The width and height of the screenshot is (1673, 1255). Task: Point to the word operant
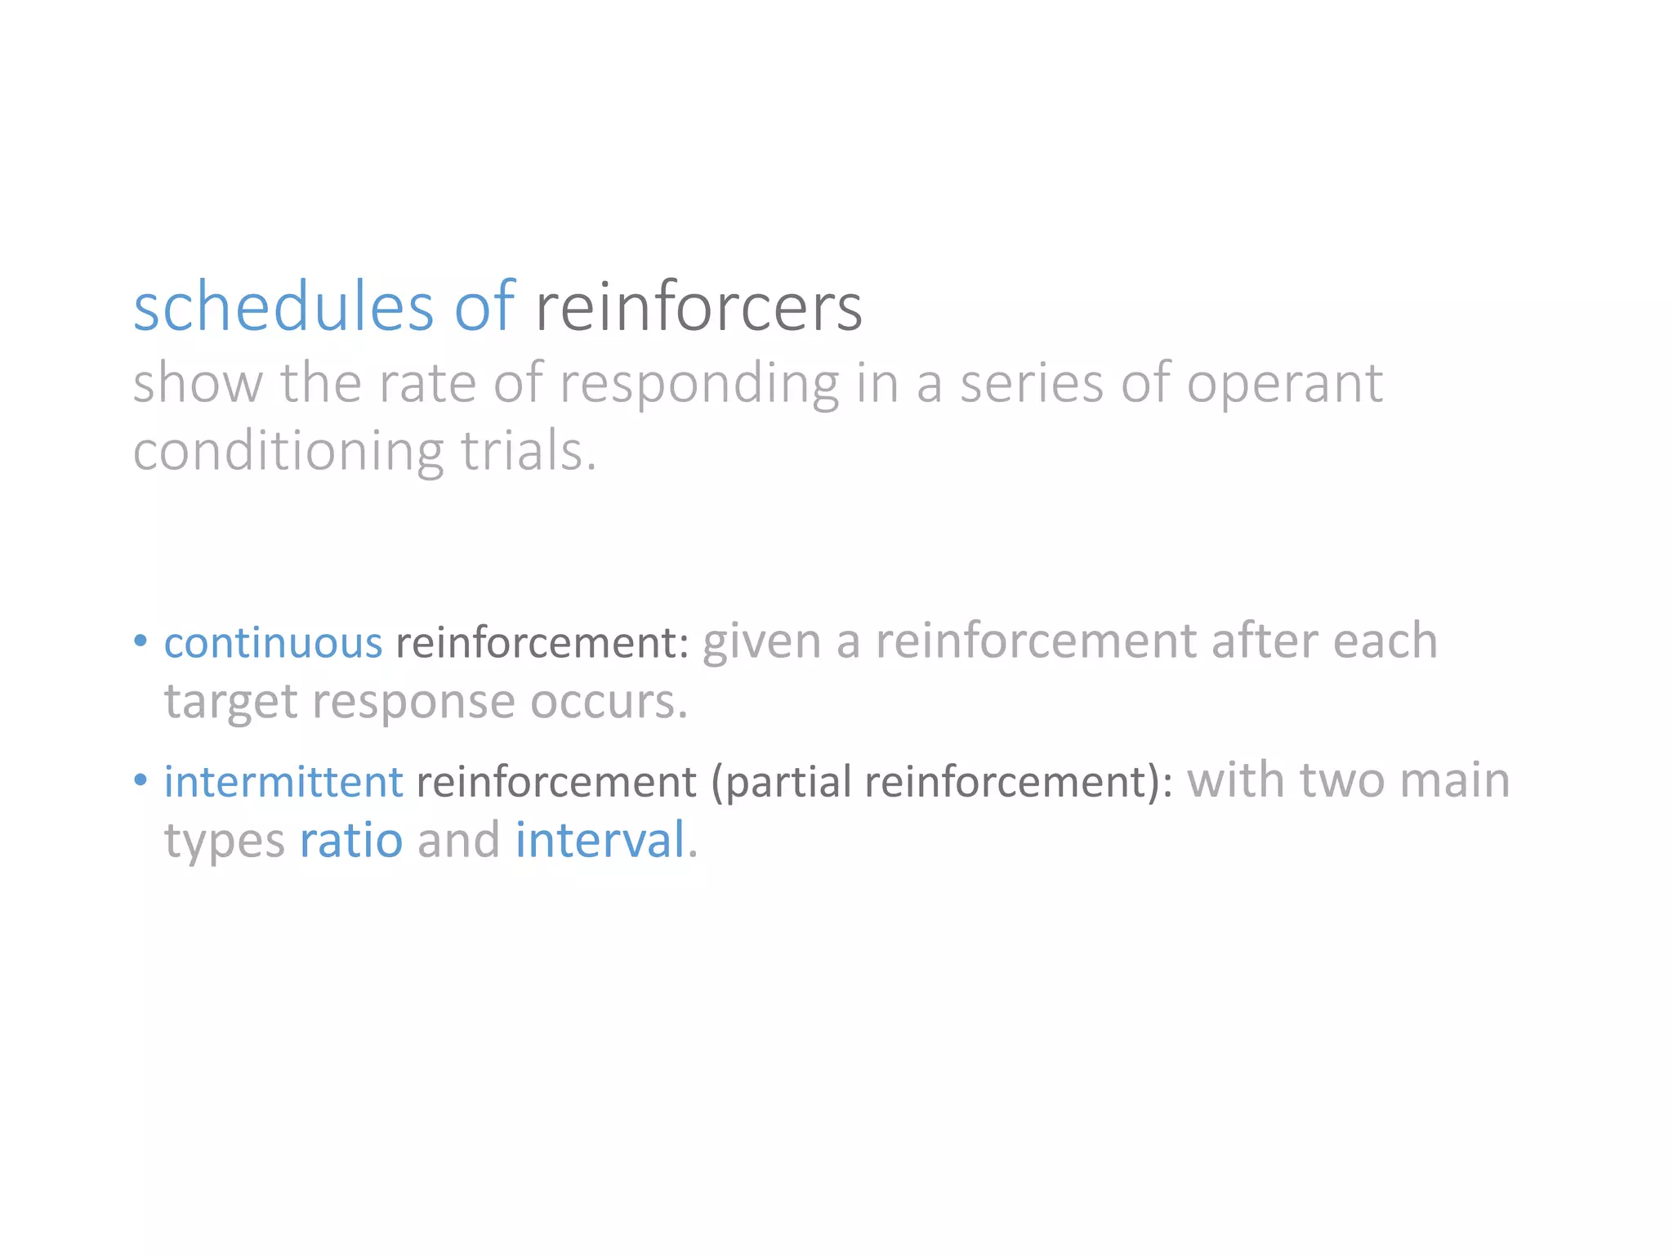(1284, 384)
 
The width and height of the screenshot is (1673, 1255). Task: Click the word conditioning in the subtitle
(288, 452)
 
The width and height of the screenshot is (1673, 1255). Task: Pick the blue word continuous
(273, 642)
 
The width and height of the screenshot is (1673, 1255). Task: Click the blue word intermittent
(283, 781)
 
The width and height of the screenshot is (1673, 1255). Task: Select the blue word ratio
(351, 840)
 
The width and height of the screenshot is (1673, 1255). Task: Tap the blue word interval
(600, 840)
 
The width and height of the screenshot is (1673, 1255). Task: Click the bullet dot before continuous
(141, 640)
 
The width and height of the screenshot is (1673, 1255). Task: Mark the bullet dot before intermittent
(141, 779)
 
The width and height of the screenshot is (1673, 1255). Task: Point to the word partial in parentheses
(789, 782)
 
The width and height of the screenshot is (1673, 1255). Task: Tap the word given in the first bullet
(761, 641)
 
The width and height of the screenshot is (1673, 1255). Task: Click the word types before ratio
(225, 842)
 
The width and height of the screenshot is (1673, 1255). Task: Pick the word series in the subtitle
(1031, 384)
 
